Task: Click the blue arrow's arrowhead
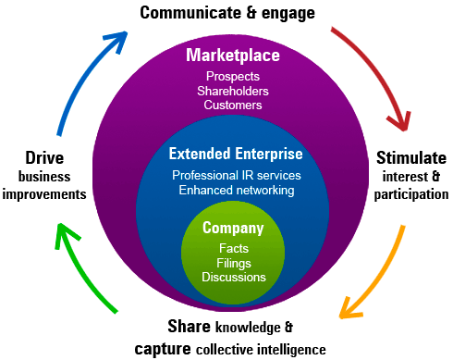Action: tap(118, 41)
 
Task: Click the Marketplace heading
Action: tap(233, 56)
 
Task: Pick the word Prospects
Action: tap(233, 77)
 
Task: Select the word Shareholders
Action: tap(233, 91)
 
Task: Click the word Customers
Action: tap(233, 105)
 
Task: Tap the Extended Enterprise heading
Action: tap(236, 154)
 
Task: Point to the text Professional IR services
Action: tap(237, 175)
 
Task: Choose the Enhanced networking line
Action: tap(237, 190)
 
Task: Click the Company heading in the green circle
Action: tap(233, 229)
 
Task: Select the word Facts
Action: tap(234, 248)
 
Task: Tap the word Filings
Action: tap(234, 263)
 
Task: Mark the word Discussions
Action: tap(234, 277)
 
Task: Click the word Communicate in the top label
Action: tap(190, 13)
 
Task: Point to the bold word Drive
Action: tap(44, 158)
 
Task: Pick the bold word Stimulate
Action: tap(411, 158)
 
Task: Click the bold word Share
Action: tap(190, 327)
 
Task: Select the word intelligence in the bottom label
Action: tap(291, 350)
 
